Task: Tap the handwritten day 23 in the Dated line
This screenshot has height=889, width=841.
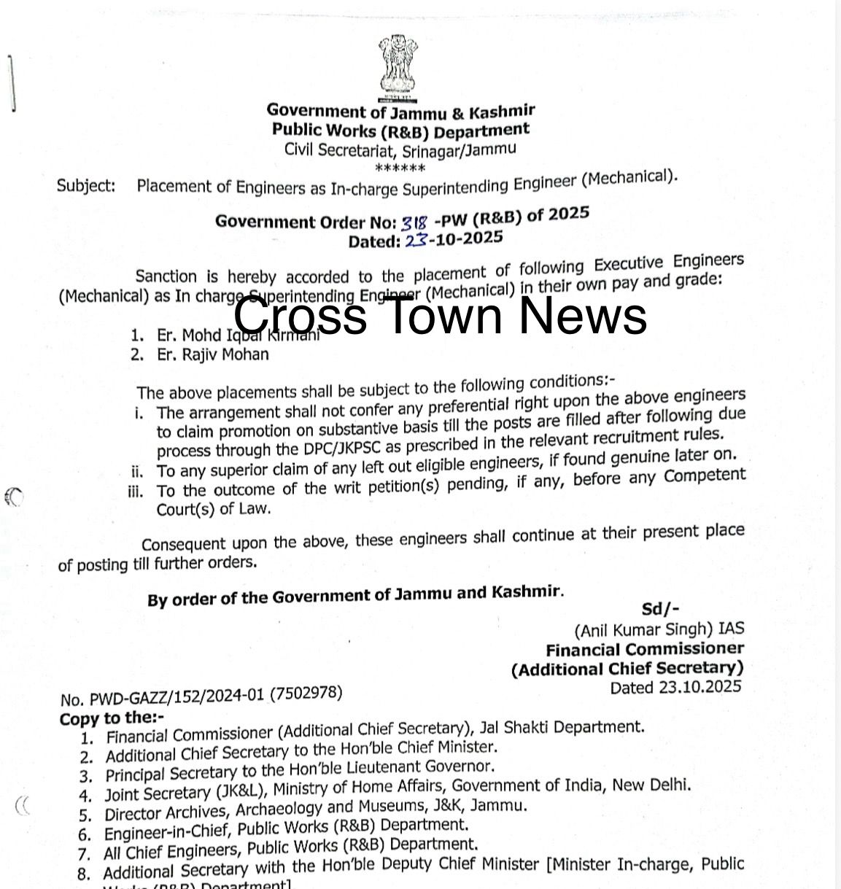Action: [x=415, y=240]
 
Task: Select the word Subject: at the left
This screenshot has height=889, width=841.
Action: [x=86, y=185]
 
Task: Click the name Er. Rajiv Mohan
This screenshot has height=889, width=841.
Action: [x=212, y=355]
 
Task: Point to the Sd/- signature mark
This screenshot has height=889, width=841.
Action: [x=660, y=609]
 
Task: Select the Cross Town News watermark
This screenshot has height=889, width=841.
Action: [x=440, y=316]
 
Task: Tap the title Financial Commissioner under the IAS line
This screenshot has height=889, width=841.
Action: [x=645, y=649]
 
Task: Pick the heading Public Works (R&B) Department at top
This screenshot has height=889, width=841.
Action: [x=400, y=131]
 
